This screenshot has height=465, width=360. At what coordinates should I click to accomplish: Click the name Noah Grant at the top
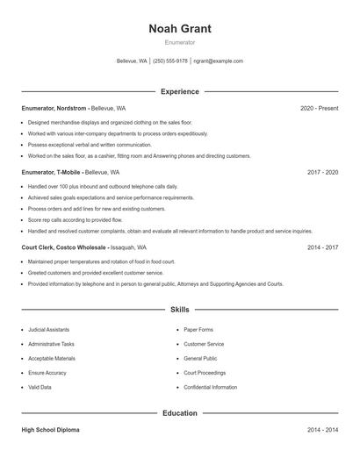click(180, 28)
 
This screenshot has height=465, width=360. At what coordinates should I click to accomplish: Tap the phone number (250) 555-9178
click(170, 61)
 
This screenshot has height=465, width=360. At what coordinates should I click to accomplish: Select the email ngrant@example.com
click(218, 61)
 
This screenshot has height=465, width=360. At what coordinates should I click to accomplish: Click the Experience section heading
click(180, 91)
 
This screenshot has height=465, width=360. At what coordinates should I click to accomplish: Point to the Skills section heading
click(180, 310)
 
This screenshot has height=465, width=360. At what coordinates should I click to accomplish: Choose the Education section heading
click(180, 412)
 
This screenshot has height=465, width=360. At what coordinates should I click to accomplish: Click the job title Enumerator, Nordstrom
click(54, 108)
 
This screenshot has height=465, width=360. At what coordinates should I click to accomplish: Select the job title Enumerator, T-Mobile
click(53, 173)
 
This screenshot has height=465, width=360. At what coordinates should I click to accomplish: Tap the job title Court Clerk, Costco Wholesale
click(70, 248)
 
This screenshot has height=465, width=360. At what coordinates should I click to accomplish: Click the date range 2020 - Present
click(319, 108)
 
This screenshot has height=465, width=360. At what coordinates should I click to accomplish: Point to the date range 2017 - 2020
click(322, 173)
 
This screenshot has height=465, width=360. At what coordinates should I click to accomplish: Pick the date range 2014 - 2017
click(322, 248)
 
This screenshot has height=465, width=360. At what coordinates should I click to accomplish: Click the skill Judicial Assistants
click(49, 330)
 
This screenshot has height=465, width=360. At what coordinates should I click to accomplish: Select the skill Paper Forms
click(198, 330)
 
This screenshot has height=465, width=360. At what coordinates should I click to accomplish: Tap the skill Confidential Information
click(211, 387)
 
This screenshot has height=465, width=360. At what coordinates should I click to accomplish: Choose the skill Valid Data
click(40, 387)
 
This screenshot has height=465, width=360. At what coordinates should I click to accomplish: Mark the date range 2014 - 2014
click(322, 430)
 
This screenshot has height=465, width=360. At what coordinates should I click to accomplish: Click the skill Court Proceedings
click(205, 373)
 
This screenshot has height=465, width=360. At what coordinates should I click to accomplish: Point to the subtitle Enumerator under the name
click(180, 42)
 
